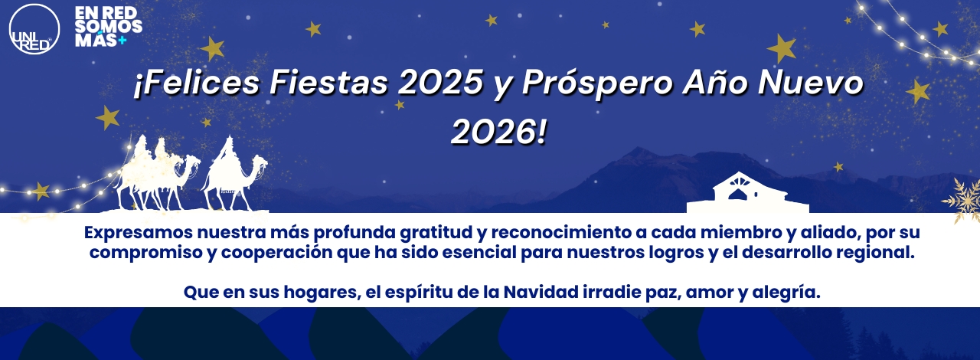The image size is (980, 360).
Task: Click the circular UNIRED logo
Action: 34,29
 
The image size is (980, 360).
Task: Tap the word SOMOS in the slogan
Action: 109,26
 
